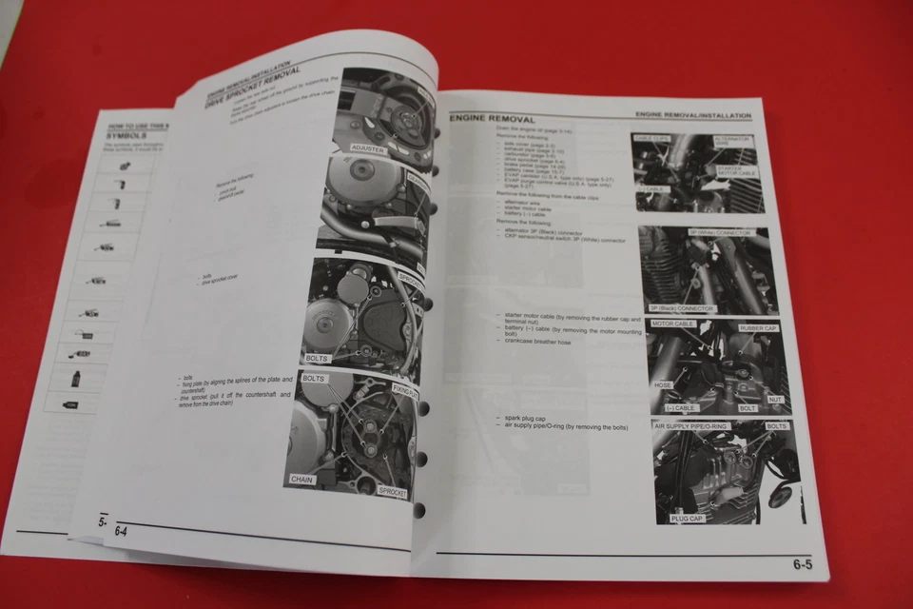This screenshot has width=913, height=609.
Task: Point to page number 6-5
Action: (x=802, y=564)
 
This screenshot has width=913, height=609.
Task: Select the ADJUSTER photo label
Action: (x=368, y=149)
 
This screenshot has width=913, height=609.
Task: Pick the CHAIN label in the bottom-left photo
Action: (x=301, y=480)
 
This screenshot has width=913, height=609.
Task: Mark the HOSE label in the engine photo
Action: (x=664, y=386)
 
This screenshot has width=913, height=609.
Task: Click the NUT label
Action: (x=774, y=401)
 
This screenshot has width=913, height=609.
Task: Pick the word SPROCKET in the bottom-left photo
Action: (x=393, y=492)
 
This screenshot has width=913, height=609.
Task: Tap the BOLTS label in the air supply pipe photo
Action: (x=775, y=426)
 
